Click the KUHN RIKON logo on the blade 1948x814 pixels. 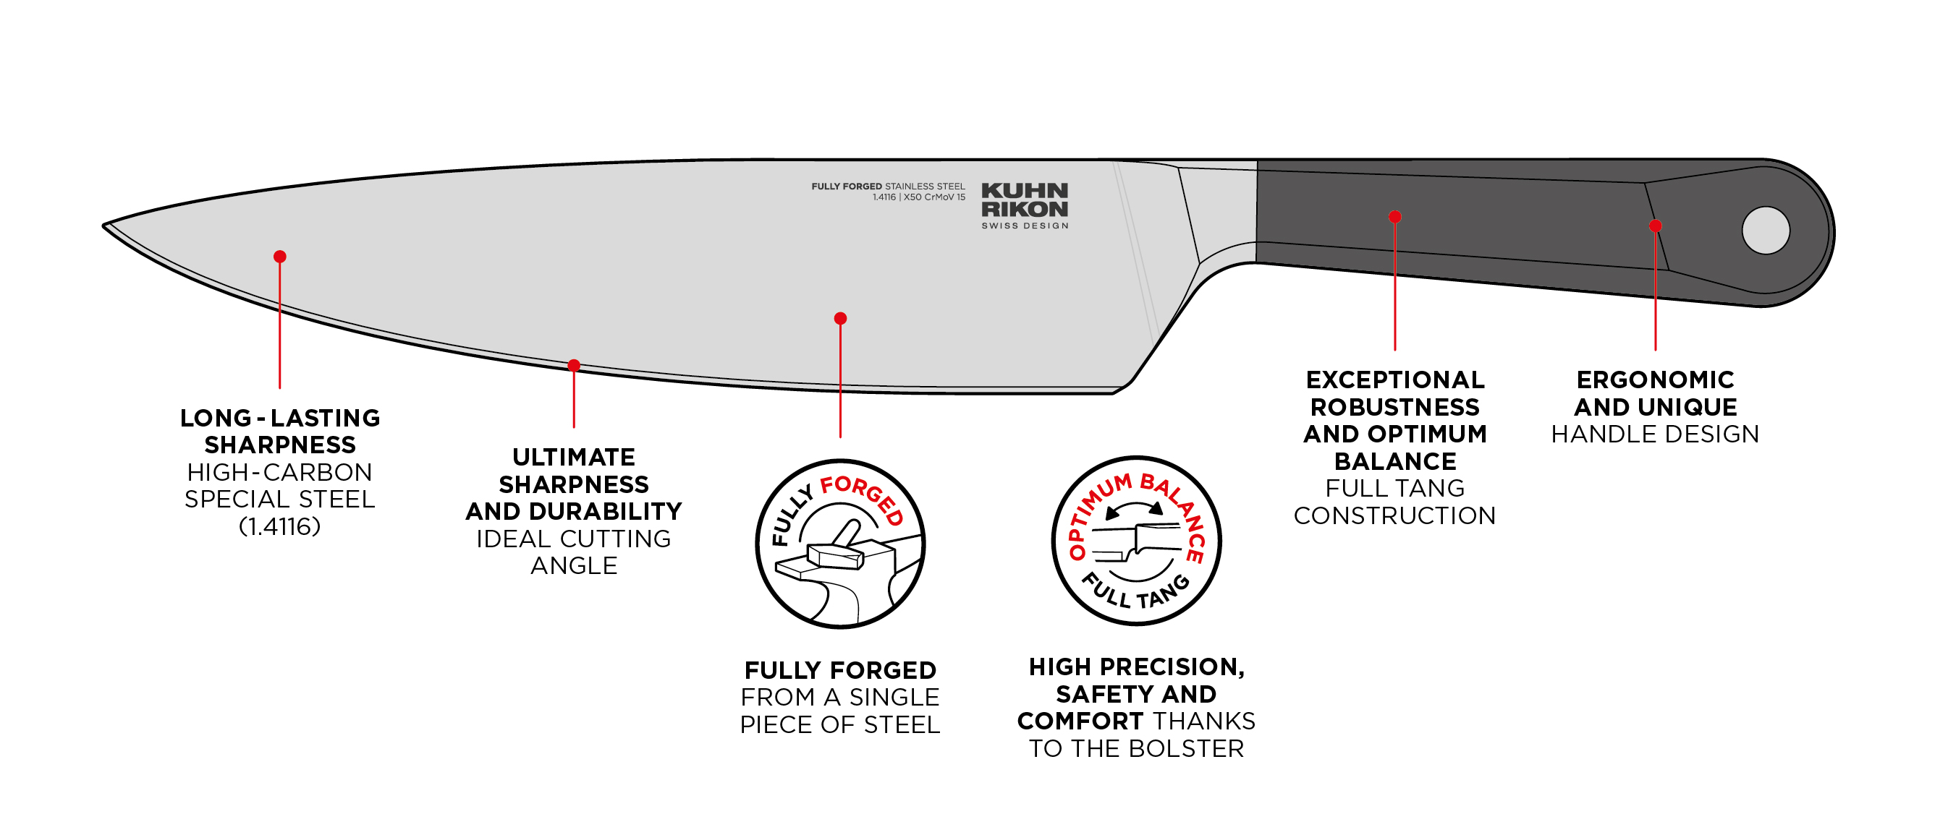(x=1025, y=200)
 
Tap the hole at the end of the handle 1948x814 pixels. (x=1765, y=231)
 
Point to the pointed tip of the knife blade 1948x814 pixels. (x=106, y=226)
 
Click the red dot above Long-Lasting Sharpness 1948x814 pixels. (x=280, y=257)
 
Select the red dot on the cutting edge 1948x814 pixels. (x=574, y=366)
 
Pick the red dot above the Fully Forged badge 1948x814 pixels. (x=840, y=319)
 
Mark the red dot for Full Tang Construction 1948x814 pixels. (x=1395, y=217)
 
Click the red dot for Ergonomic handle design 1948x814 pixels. (x=1656, y=226)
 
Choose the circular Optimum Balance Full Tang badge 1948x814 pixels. (x=1137, y=541)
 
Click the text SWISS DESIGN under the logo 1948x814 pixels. (x=1025, y=226)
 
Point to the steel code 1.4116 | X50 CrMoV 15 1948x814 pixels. (x=919, y=197)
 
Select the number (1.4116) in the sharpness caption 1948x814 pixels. (x=280, y=527)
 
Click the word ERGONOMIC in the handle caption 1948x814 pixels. (x=1656, y=380)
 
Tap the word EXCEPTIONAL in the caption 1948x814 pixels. (x=1395, y=380)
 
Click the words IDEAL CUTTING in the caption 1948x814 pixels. (x=573, y=539)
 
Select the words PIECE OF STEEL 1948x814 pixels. (x=839, y=725)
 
